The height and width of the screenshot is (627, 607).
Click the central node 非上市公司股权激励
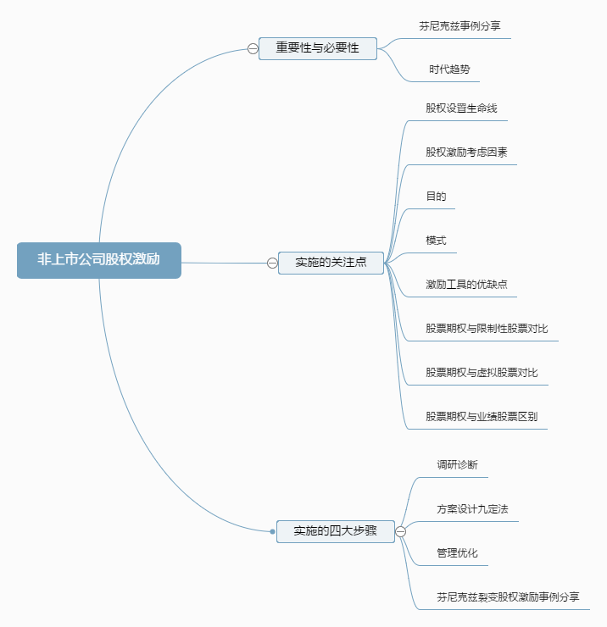pos(98,260)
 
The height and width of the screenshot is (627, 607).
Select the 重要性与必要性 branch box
pos(317,48)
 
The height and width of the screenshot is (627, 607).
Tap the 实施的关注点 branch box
pos(331,263)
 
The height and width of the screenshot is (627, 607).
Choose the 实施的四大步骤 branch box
pos(335,531)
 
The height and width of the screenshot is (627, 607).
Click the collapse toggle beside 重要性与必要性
pos(253,48)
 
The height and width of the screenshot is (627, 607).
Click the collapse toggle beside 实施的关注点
pos(272,263)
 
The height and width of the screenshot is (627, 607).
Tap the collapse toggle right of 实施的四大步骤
pos(400,531)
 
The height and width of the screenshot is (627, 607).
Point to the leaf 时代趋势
pos(449,69)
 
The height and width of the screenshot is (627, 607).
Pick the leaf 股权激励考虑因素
pos(466,153)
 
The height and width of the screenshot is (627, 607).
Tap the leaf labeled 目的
pos(436,197)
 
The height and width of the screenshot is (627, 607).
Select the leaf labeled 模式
pos(436,241)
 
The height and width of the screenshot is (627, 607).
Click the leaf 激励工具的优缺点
pos(466,285)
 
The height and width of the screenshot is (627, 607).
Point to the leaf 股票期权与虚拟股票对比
pos(482,373)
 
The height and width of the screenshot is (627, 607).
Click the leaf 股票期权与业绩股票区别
pos(482,417)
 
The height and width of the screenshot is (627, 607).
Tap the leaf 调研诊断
pos(457,465)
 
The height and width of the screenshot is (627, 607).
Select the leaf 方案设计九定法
pos(472,509)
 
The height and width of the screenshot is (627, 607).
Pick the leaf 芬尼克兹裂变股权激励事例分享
pos(508,597)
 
